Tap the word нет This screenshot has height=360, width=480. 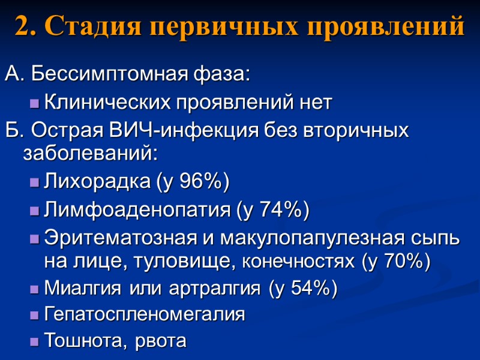(x=311, y=103)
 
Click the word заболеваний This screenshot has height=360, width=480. (x=90, y=154)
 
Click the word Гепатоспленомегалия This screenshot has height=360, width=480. (x=145, y=314)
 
